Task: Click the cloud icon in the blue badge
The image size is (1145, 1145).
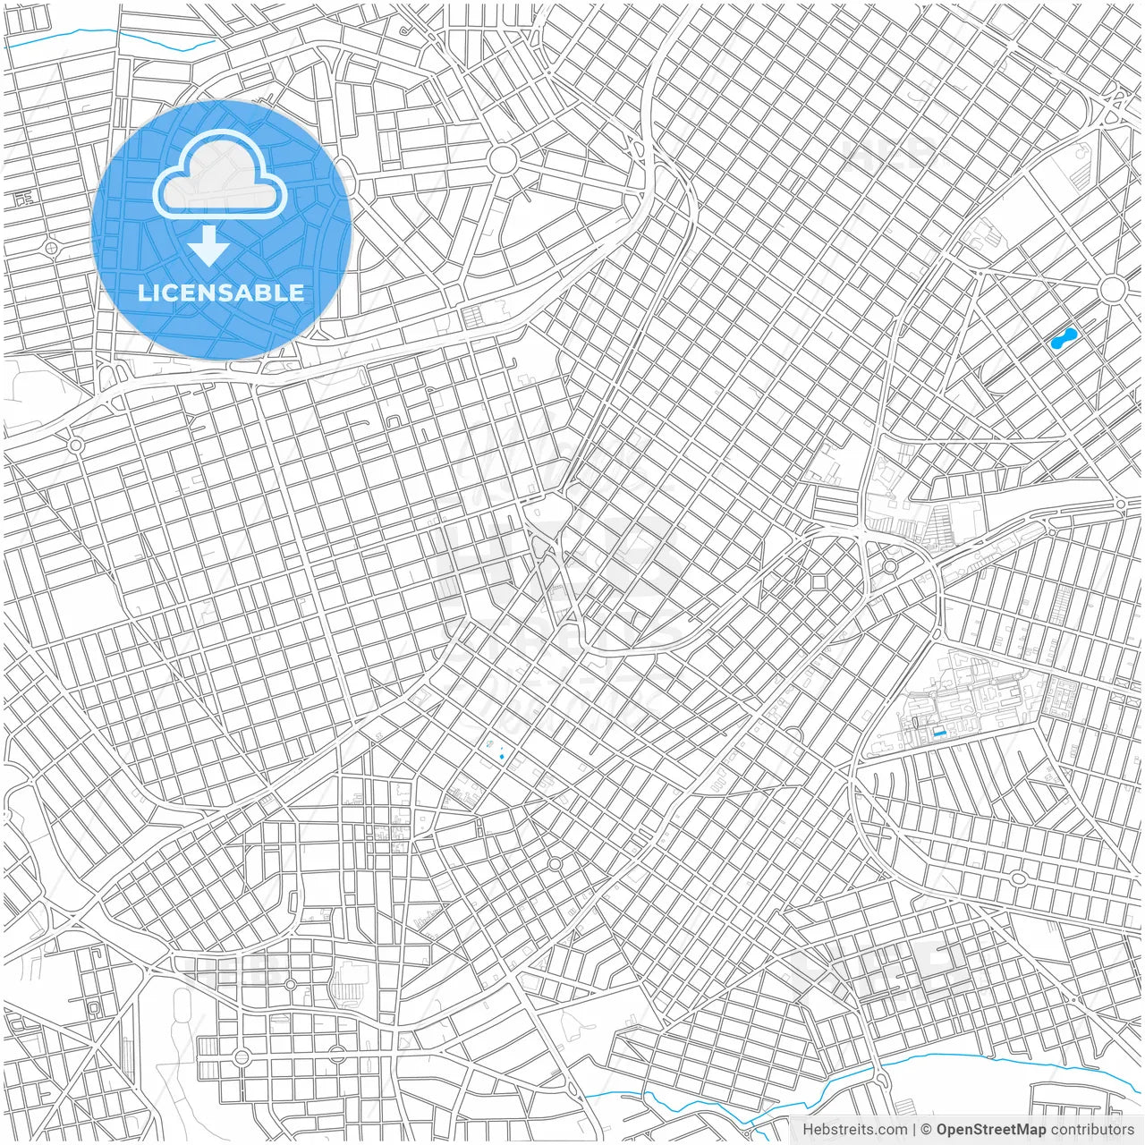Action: (220, 176)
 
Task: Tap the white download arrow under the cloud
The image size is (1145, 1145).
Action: (209, 246)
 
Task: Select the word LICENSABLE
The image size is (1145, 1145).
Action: (221, 293)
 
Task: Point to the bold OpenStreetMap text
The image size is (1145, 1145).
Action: (991, 1130)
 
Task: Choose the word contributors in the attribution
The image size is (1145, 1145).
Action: (1091, 1130)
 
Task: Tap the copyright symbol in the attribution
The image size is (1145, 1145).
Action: (927, 1130)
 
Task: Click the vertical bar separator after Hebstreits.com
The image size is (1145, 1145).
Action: (913, 1130)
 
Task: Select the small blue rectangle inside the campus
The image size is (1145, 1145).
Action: (938, 732)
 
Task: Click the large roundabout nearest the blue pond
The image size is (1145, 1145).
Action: (1113, 289)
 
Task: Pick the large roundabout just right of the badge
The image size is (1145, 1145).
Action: (503, 161)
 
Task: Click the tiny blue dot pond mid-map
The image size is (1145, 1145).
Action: (502, 758)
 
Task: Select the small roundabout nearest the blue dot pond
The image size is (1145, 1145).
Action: (555, 863)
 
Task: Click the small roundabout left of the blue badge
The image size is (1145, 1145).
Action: (51, 246)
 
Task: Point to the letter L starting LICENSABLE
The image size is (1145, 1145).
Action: (144, 293)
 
